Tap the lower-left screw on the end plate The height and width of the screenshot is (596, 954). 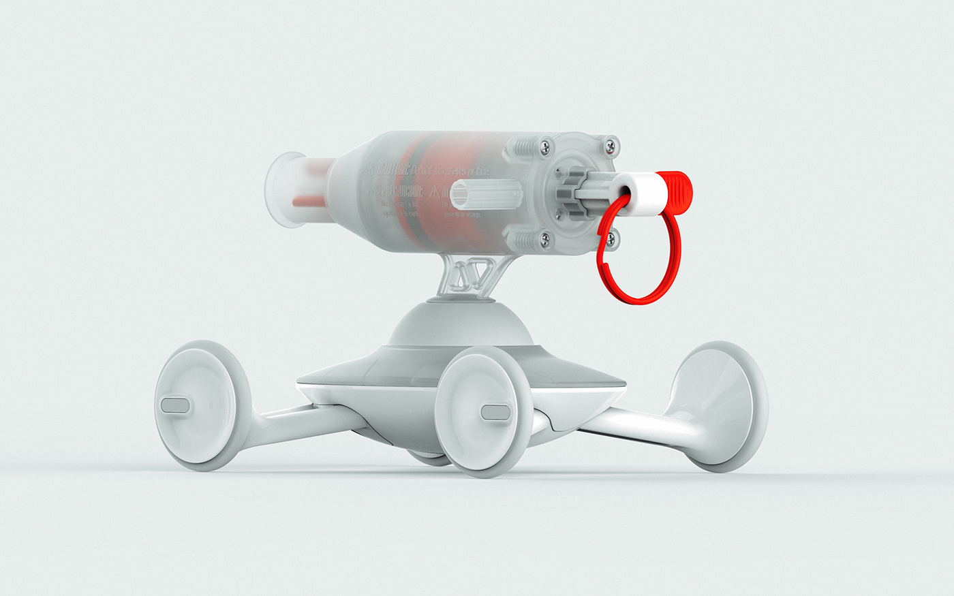544,238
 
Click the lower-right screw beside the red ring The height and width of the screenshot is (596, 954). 611,238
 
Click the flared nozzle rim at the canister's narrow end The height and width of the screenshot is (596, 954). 280,190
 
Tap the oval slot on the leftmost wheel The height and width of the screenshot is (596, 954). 174,407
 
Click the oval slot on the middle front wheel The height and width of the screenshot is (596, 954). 495,411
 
